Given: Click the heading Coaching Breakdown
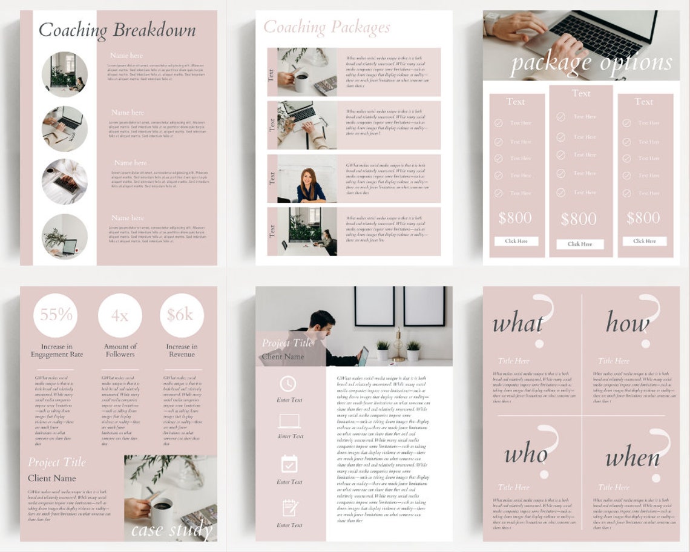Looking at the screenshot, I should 117,30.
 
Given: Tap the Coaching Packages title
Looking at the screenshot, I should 326,27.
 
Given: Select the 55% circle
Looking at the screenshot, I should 56,315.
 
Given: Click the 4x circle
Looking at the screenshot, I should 120,315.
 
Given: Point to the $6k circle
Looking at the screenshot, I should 181,315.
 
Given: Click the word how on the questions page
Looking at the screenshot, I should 627,323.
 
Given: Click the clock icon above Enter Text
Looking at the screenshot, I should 289,384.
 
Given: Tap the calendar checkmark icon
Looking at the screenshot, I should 289,464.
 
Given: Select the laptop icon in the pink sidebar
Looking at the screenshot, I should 289,421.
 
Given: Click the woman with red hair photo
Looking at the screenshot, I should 310,184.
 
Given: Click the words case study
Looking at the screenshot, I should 172,530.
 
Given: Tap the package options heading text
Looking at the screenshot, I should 591,63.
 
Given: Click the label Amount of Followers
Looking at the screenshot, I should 120,350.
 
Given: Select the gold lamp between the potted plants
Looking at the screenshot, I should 398,346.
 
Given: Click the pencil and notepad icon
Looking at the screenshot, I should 289,507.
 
